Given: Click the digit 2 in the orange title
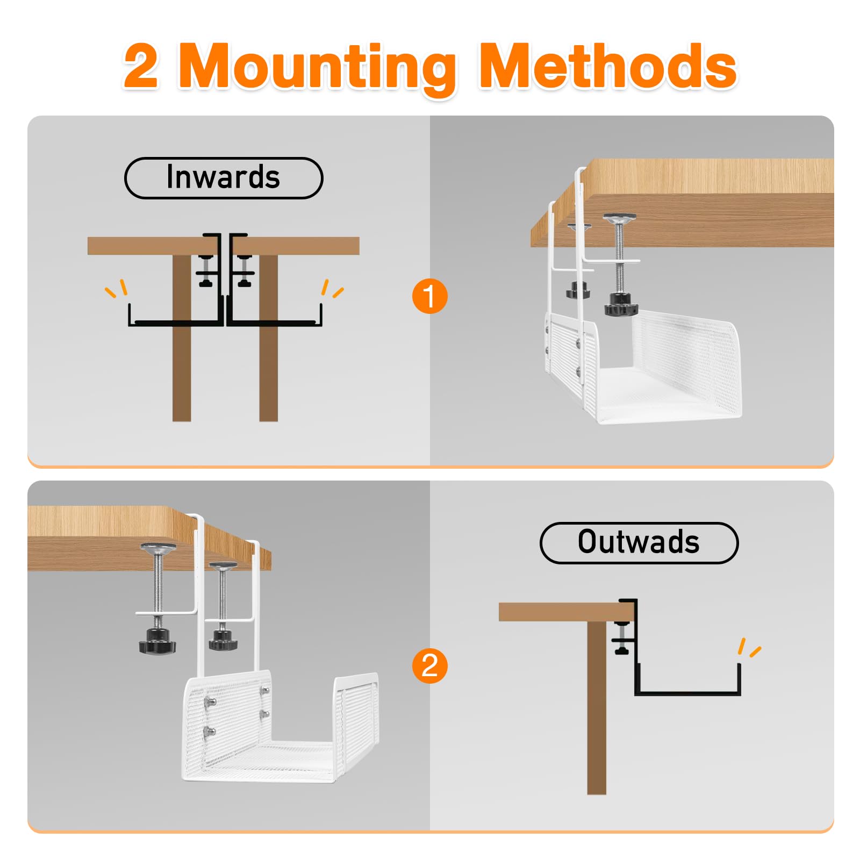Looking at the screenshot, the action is pyautogui.click(x=141, y=66).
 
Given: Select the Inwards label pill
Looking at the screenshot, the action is pyautogui.click(x=224, y=178).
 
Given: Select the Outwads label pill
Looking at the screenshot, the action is pyautogui.click(x=639, y=543).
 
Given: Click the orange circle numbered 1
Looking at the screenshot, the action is pyautogui.click(x=429, y=296).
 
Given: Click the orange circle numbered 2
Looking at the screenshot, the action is pyautogui.click(x=429, y=665).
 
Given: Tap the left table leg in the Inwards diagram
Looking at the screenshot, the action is pyautogui.click(x=182, y=338).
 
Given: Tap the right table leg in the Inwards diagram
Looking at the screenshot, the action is pyautogui.click(x=268, y=338).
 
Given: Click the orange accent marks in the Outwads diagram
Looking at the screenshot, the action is pyautogui.click(x=749, y=647).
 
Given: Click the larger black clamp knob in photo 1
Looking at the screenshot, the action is pyautogui.click(x=621, y=304).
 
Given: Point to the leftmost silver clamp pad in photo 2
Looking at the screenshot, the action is pyautogui.click(x=158, y=548).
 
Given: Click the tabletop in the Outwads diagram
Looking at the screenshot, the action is pyautogui.click(x=567, y=612).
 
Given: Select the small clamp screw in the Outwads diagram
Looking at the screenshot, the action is pyautogui.click(x=622, y=639).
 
